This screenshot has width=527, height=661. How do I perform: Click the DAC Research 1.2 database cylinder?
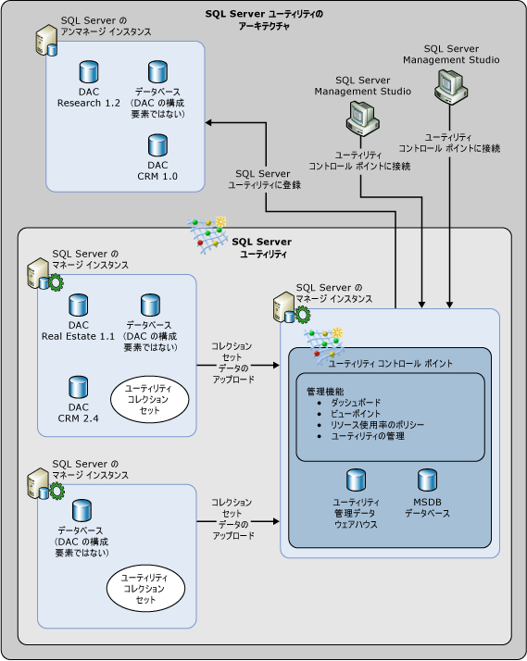(89, 72)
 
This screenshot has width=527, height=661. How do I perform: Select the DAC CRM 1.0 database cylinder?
(157, 145)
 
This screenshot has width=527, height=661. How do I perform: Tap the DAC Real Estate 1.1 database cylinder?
(77, 306)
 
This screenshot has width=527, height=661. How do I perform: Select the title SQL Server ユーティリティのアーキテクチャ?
(264, 19)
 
